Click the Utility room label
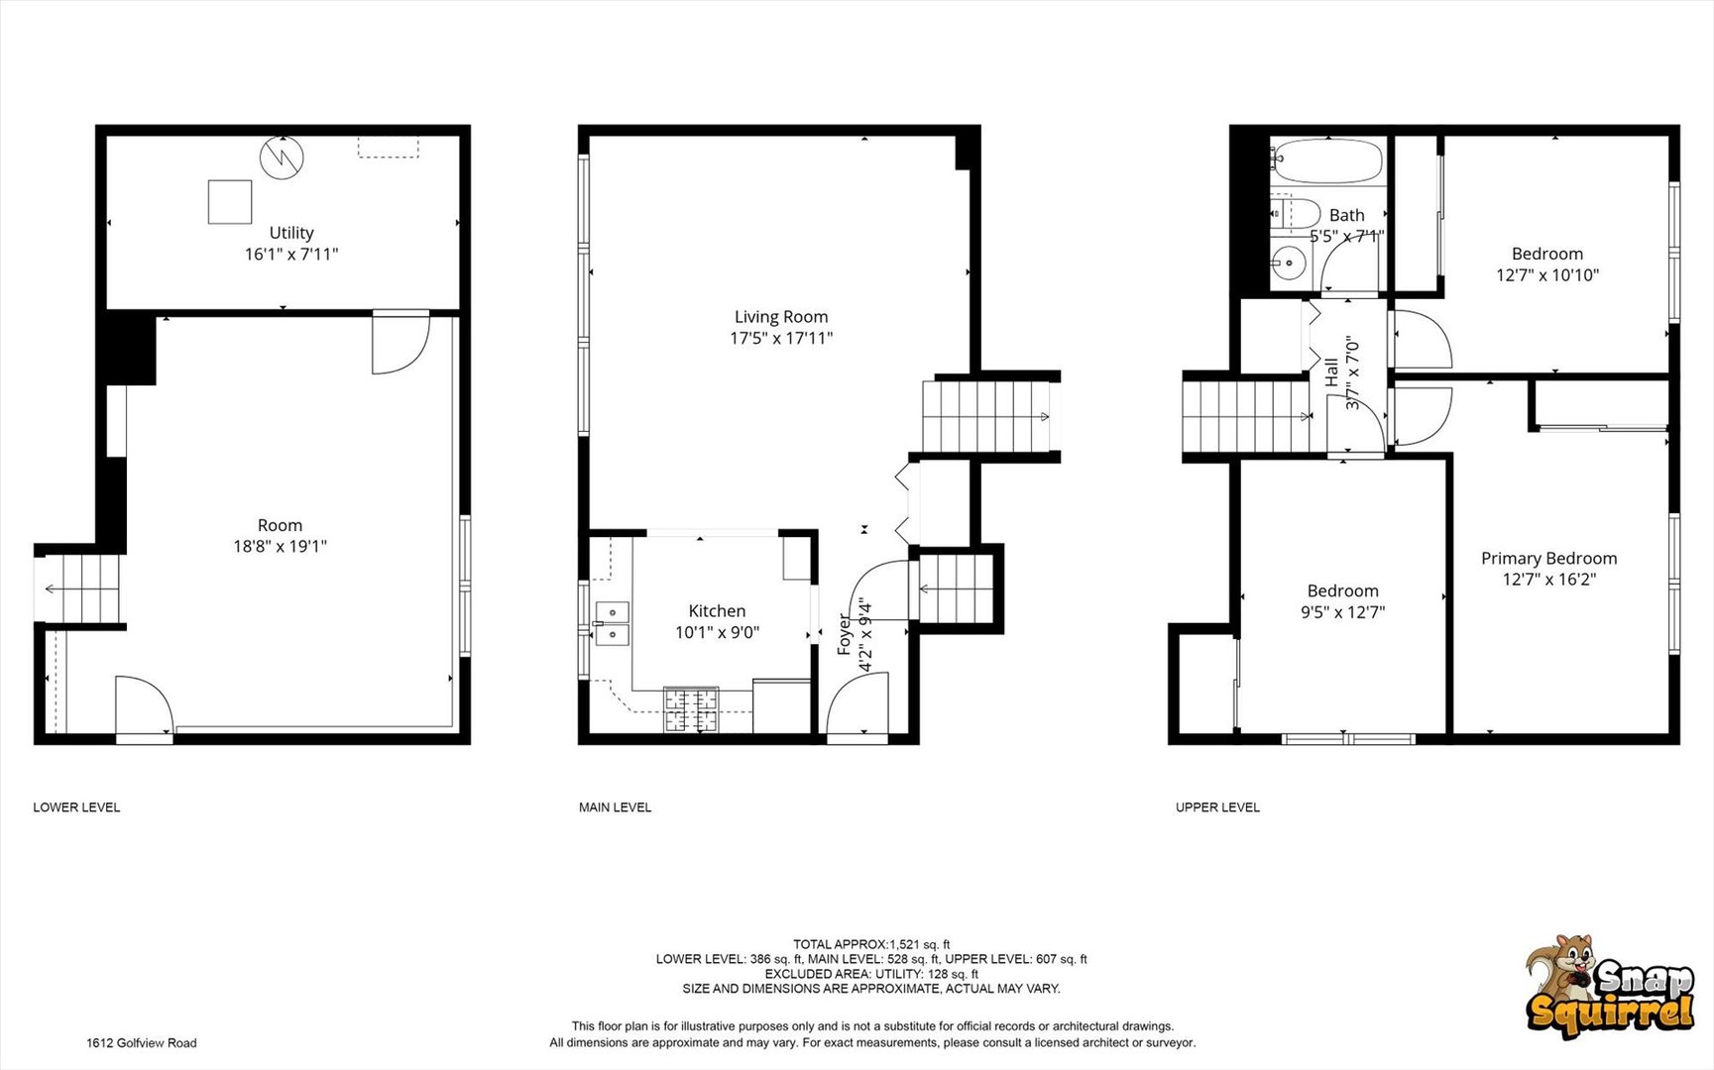click(x=291, y=233)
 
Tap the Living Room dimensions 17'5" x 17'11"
click(x=781, y=339)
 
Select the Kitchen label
click(x=717, y=611)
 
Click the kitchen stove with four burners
click(x=691, y=709)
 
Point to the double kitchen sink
click(x=613, y=623)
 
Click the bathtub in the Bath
click(x=1326, y=161)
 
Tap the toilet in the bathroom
click(x=1295, y=213)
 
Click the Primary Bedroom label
click(x=1548, y=559)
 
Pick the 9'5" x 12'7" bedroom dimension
click(x=1342, y=612)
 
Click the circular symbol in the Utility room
click(x=282, y=158)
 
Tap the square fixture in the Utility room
click(x=230, y=202)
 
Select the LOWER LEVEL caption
click(x=76, y=807)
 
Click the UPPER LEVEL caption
click(x=1217, y=807)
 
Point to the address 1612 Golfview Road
click(x=141, y=1043)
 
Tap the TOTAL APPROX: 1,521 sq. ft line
click(x=871, y=944)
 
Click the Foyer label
click(x=845, y=634)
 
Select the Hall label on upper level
click(x=1331, y=373)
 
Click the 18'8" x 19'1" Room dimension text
click(x=280, y=546)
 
